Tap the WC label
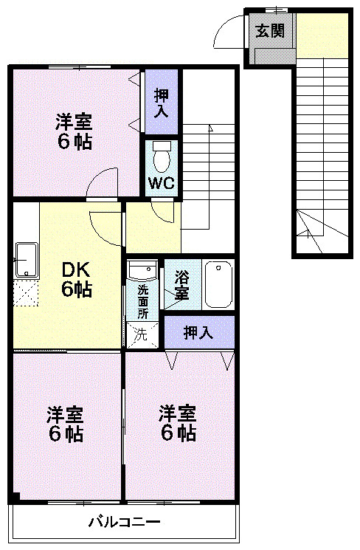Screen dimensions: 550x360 pos(162,183)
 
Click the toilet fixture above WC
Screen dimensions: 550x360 pos(162,157)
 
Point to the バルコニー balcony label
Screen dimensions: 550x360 pos(124,523)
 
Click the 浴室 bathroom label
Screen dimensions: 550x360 pos(181,286)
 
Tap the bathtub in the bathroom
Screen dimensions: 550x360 pos(218,284)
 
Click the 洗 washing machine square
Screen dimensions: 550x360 pos(140,334)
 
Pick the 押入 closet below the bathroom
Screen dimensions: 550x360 pos(198,332)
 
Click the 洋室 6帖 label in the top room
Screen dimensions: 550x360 pos(75,131)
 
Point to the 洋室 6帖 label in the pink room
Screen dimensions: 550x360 pos(178,423)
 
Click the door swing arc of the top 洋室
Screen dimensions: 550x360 pos(103,183)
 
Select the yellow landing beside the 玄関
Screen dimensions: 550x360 pos(322,35)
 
